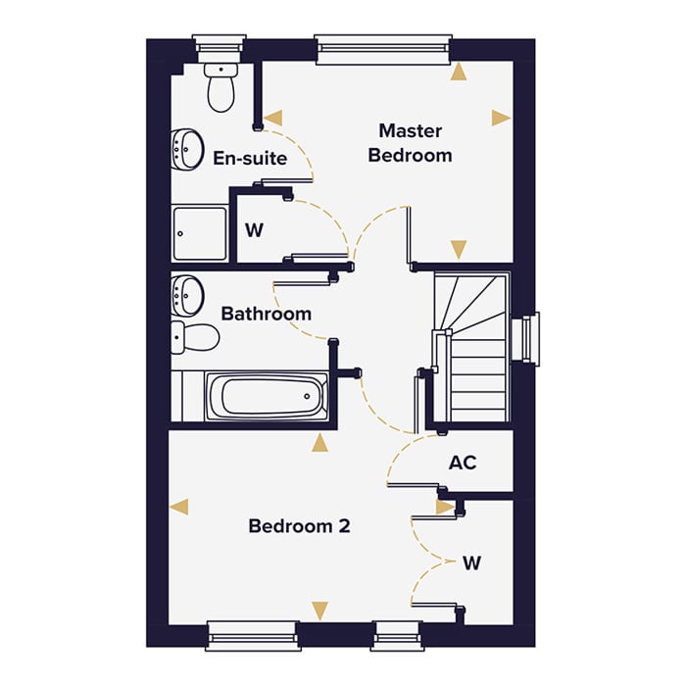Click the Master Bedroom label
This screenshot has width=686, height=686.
click(410, 143)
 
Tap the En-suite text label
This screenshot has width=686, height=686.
click(250, 158)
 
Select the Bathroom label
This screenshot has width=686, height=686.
click(266, 314)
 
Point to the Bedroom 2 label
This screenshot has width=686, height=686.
click(299, 526)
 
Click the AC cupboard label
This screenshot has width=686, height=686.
click(463, 462)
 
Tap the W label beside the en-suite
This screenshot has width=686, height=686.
click(255, 231)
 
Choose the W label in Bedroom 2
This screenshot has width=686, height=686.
click(472, 563)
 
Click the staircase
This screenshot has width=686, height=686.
click(471, 349)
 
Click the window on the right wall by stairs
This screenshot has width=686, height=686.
click(530, 339)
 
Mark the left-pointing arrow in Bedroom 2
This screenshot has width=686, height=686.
click(178, 507)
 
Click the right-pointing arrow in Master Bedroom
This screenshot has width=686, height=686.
click(501, 118)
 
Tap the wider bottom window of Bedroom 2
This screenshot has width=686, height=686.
click(252, 635)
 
